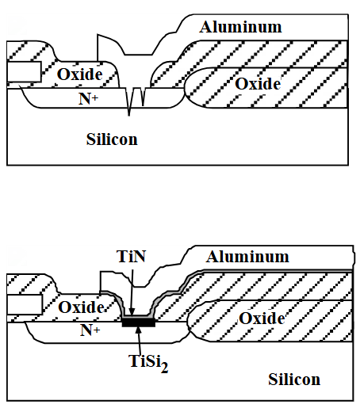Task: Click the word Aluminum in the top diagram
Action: tap(240, 27)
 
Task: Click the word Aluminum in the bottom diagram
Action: tap(247, 257)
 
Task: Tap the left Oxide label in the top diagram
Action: tap(80, 74)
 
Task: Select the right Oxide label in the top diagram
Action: tap(258, 84)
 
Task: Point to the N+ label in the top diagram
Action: tap(89, 99)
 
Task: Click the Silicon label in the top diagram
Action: tap(112, 139)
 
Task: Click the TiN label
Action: tap(131, 256)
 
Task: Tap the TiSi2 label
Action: tap(148, 363)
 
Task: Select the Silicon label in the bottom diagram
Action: tap(294, 380)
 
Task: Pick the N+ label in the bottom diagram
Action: tap(90, 330)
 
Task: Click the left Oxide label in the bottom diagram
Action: tap(81, 307)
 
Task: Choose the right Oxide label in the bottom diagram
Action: tap(262, 319)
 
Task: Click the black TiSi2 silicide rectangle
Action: tap(139, 322)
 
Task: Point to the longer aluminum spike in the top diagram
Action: tap(129, 101)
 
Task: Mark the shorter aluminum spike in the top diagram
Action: tap(143, 97)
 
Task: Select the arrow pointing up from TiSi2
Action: tap(140, 341)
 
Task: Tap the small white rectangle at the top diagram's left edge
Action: tap(24, 72)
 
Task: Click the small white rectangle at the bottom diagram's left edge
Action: tap(25, 305)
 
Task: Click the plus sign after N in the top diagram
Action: tap(95, 97)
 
